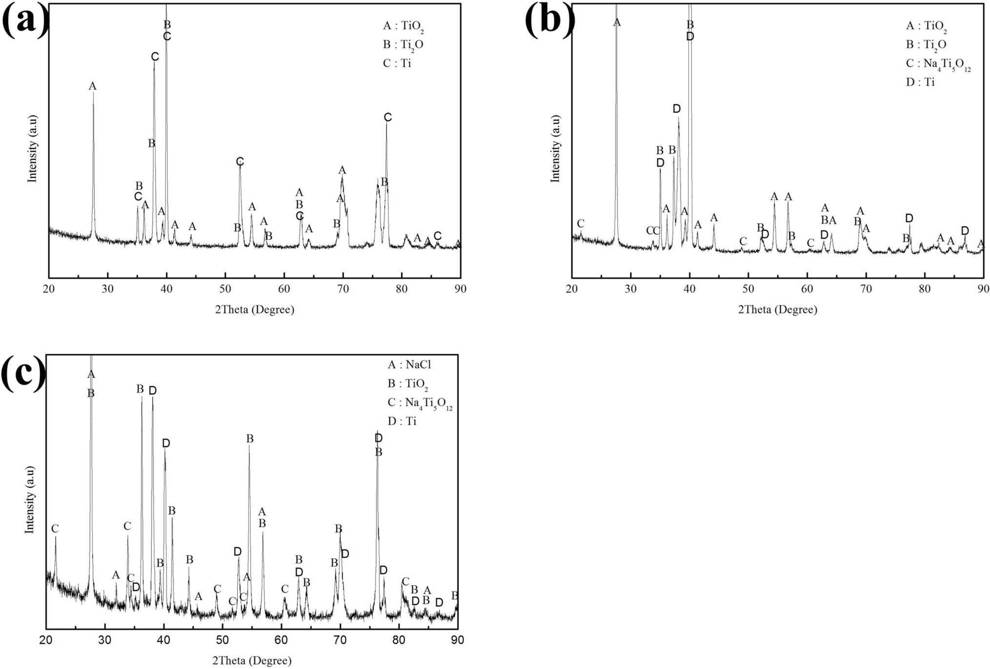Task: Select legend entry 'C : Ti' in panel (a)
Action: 397,63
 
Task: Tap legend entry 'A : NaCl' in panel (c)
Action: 409,365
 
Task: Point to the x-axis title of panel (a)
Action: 255,310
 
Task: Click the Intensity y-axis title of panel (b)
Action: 555,149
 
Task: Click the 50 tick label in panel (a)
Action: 225,289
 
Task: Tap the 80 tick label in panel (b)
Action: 924,289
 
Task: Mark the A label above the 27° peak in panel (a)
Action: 92,86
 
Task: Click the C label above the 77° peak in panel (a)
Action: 388,117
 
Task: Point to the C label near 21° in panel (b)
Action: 580,224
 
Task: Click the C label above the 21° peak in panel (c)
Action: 55,529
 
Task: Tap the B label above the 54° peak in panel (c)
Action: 250,439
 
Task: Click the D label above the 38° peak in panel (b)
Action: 676,109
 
